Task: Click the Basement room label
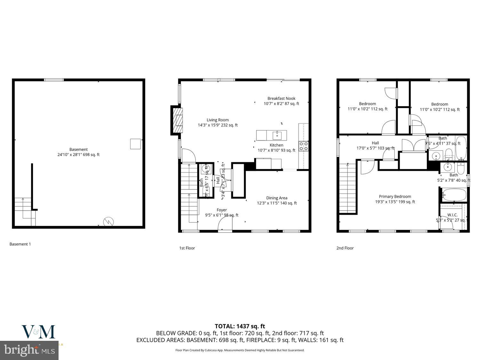coord(78,149)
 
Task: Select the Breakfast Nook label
coord(281,99)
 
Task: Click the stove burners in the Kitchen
coord(303,146)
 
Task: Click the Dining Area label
coord(277,198)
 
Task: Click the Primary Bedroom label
coord(395,196)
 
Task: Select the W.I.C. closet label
coord(452,215)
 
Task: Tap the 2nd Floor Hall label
coord(375,143)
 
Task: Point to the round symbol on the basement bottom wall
coord(108,221)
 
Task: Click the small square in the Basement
coord(135,144)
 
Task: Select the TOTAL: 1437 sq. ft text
coord(240,326)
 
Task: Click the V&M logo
coord(38,332)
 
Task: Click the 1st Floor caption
coord(187,248)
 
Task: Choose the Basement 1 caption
coord(20,244)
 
